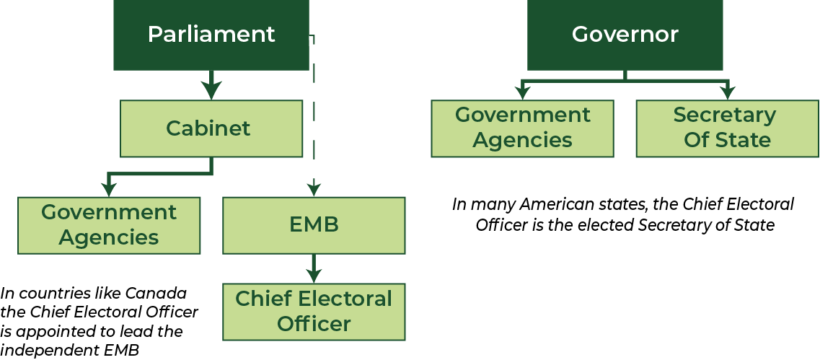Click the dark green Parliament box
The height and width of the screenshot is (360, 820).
pyautogui.click(x=211, y=35)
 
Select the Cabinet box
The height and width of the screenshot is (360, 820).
pyautogui.click(x=211, y=128)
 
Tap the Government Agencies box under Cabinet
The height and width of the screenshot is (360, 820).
pyautogui.click(x=109, y=226)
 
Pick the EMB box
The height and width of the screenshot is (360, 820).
pyautogui.click(x=314, y=226)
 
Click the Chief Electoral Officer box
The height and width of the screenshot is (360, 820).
pyautogui.click(x=314, y=312)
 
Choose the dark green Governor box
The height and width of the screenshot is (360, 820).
pyautogui.click(x=625, y=35)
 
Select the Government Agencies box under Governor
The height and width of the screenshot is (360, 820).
pyautogui.click(x=522, y=128)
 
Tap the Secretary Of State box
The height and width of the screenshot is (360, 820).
pyautogui.click(x=728, y=128)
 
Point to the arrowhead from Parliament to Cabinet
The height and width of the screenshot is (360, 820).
pyautogui.click(x=211, y=90)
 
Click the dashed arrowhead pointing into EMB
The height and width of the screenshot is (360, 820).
pyautogui.click(x=313, y=188)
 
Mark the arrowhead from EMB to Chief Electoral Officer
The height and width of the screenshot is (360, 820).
pyautogui.click(x=314, y=275)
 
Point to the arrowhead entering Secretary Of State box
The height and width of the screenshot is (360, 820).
pyautogui.click(x=728, y=92)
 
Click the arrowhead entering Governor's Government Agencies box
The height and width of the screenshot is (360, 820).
pyautogui.click(x=522, y=92)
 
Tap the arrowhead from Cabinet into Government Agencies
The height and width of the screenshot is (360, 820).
pyautogui.click(x=108, y=189)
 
